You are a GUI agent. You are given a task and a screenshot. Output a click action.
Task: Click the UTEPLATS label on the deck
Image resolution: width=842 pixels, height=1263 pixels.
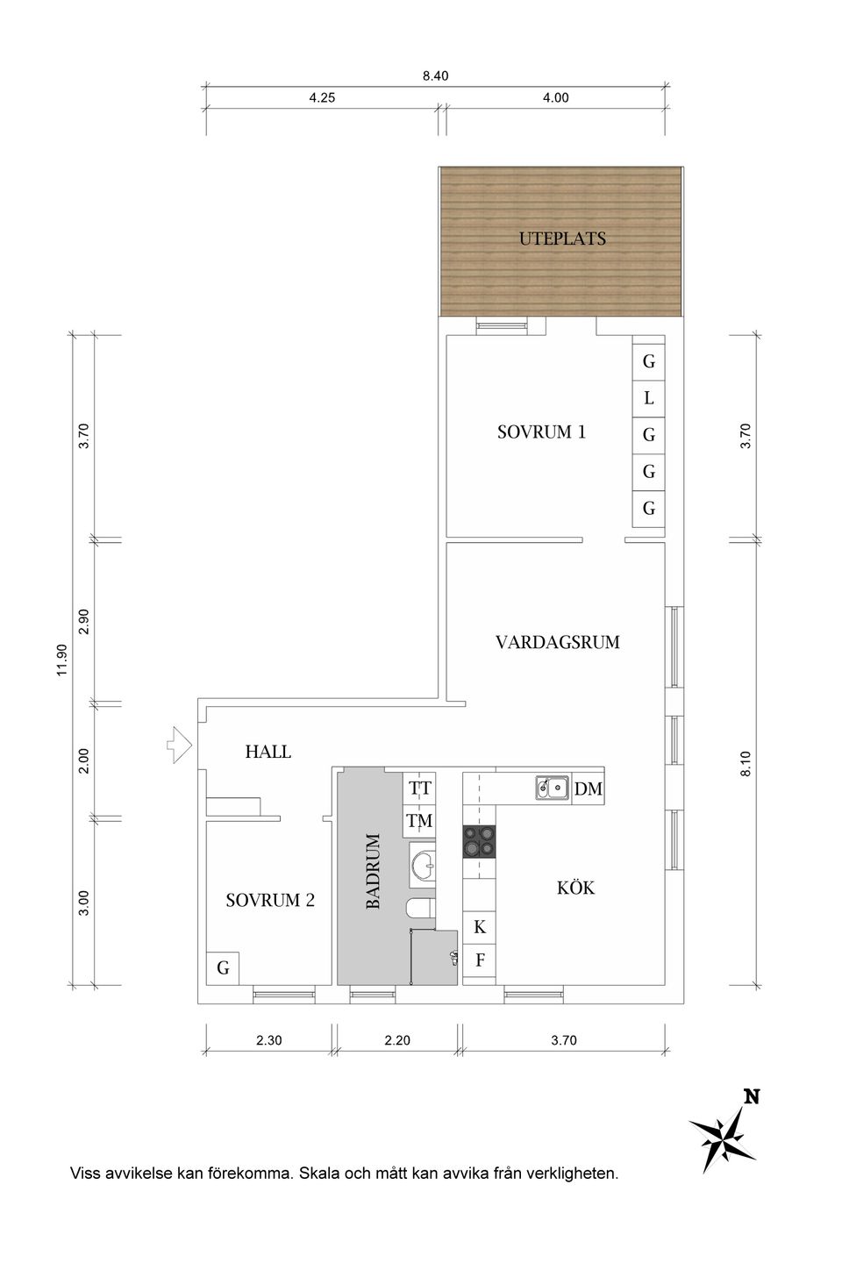(562, 239)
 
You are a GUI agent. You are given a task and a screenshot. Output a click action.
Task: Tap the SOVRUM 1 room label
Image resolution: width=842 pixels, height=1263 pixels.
(540, 432)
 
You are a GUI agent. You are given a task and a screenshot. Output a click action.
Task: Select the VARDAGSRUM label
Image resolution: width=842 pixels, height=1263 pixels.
(557, 642)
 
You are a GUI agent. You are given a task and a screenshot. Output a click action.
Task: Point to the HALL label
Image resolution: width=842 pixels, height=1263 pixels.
(268, 752)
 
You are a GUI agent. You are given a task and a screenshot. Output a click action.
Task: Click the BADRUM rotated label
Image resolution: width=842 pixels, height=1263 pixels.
(373, 871)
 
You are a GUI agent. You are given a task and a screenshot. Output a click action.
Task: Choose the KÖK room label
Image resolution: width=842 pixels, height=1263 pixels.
(575, 888)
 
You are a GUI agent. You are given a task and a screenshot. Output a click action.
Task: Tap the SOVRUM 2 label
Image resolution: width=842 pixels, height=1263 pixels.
(269, 900)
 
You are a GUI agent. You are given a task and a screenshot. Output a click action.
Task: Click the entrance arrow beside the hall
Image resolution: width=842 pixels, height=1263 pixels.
(180, 745)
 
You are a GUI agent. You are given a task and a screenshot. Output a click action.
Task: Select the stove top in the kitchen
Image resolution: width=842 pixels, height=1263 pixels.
(480, 842)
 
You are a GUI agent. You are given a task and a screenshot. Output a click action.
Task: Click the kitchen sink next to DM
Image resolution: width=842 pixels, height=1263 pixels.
(552, 788)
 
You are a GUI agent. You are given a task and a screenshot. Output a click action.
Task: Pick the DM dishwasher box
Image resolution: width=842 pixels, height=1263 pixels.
(589, 788)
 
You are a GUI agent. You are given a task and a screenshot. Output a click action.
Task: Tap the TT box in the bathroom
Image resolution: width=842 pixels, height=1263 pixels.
(420, 788)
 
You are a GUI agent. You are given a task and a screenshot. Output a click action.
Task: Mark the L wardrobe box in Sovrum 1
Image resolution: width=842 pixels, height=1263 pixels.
(649, 398)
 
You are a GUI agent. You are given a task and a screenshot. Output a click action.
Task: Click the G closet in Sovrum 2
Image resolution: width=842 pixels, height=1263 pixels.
(223, 967)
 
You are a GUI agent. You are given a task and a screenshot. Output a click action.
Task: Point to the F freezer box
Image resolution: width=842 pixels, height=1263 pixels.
(480, 960)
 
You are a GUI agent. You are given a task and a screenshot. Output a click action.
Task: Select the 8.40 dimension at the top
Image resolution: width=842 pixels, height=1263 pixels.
(435, 76)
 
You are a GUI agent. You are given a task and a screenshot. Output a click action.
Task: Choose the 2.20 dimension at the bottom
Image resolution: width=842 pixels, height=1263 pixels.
(396, 1041)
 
